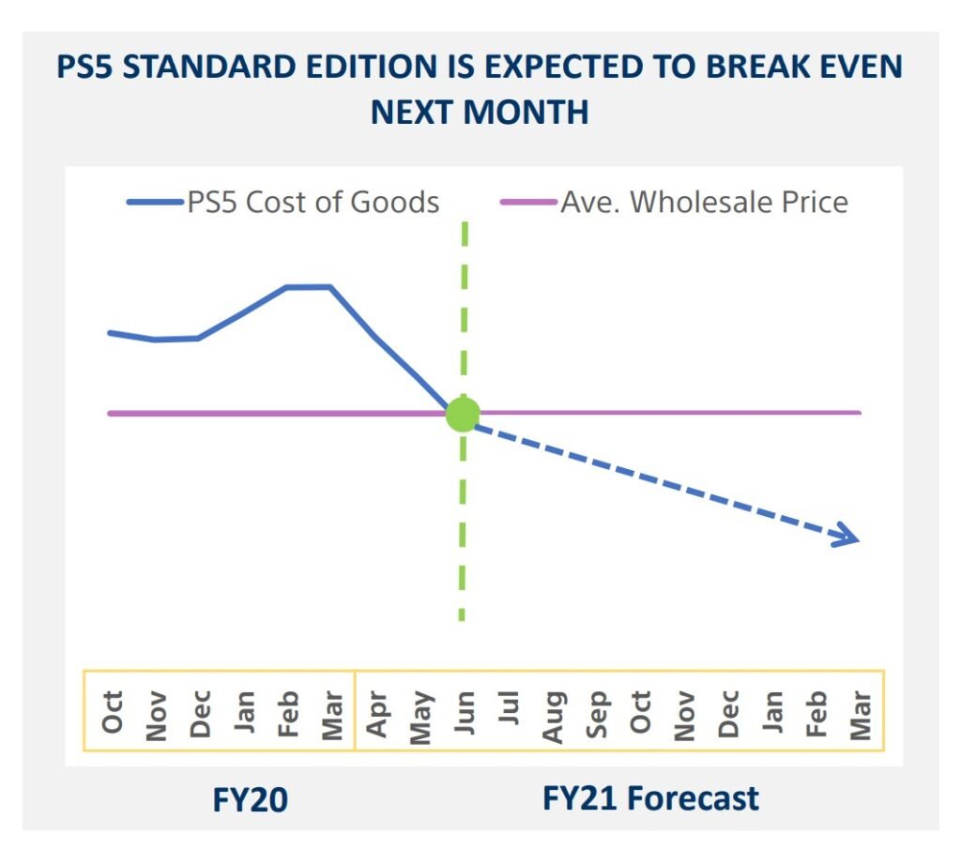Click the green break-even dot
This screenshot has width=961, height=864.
tap(462, 413)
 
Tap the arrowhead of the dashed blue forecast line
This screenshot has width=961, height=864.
tap(850, 538)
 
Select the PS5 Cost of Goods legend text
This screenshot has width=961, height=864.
tap(313, 202)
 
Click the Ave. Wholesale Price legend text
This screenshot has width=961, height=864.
tap(704, 202)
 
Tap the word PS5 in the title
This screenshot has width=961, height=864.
tap(86, 68)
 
